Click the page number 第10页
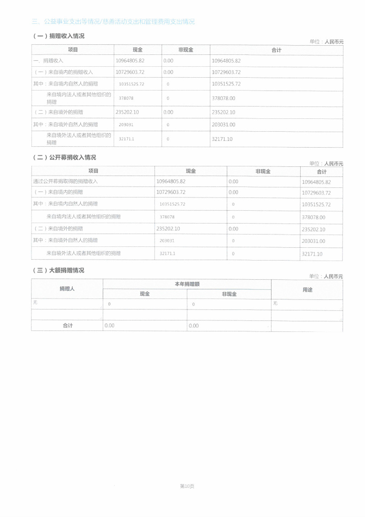coord(187,486)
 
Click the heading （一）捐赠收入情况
coord(58,36)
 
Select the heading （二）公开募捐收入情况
coord(64,157)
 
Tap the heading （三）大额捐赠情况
coord(58,270)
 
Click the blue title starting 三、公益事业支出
coord(113,21)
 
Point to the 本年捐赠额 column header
coord(187,284)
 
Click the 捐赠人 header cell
coord(67,289)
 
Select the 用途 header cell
coord(307,289)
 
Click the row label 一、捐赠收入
coord(48,61)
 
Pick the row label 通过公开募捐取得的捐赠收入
coord(66,181)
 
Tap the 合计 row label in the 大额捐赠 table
coord(68,325)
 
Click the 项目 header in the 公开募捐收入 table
coord(93,171)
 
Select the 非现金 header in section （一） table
coord(186,50)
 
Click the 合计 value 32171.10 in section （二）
coord(312,254)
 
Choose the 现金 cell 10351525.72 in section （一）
coord(131,84)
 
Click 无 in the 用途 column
coord(275,303)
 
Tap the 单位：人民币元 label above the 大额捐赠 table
coord(326,276)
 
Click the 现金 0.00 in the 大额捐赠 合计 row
coord(109,326)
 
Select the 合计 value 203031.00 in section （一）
coord(224,124)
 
